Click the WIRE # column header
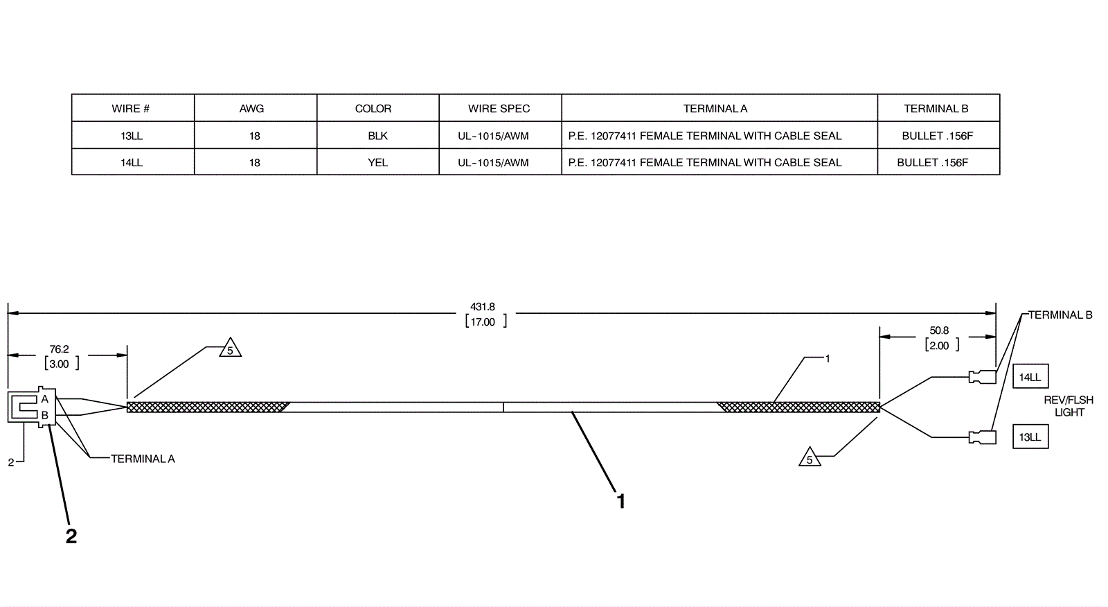(131, 109)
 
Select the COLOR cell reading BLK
(377, 136)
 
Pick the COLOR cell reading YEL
(377, 163)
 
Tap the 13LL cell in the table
(131, 136)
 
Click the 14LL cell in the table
(131, 163)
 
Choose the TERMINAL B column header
(936, 109)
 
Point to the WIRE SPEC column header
(499, 109)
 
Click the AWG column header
(251, 109)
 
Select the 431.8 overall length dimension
(483, 307)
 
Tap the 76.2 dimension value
(60, 349)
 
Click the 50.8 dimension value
(939, 331)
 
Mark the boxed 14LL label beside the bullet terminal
(1030, 378)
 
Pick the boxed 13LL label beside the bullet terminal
(1030, 437)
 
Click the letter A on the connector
(45, 399)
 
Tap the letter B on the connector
(45, 415)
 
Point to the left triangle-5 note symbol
(230, 349)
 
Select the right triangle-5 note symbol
(810, 458)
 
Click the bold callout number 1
(621, 501)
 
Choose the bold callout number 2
(71, 536)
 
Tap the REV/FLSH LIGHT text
(1069, 406)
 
